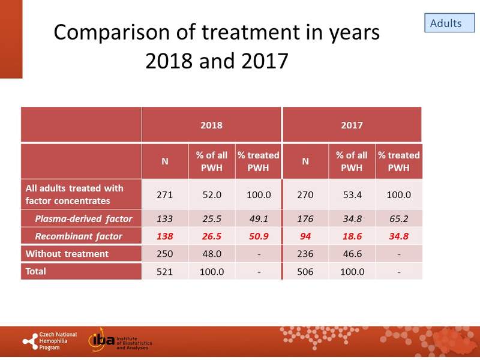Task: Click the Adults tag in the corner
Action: click(446, 23)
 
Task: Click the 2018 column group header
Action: click(211, 126)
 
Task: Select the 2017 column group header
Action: click(352, 126)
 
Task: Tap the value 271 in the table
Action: click(165, 194)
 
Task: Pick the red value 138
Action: click(165, 236)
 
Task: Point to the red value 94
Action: click(305, 236)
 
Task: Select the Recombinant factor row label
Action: click(78, 236)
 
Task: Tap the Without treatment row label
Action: click(67, 254)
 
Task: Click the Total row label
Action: click(37, 271)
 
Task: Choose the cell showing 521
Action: click(165, 271)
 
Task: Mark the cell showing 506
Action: click(305, 271)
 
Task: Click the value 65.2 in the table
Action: click(398, 218)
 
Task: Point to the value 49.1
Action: click(258, 218)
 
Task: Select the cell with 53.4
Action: click(352, 194)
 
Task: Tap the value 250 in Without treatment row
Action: click(165, 254)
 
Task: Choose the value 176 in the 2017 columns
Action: click(305, 218)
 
